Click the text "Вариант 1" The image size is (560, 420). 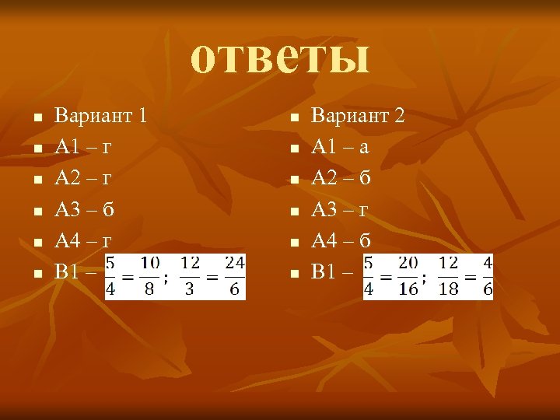pyautogui.click(x=100, y=116)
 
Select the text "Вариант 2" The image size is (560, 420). pyautogui.click(x=358, y=116)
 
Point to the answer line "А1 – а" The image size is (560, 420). pyautogui.click(x=340, y=146)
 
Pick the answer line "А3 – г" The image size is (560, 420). pyautogui.click(x=340, y=208)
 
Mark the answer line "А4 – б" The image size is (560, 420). pyautogui.click(x=341, y=240)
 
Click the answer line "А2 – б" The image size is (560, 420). pyautogui.click(x=341, y=177)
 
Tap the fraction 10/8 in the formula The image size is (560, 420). pyautogui.click(x=150, y=276)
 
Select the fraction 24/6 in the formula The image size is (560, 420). pyautogui.click(x=235, y=276)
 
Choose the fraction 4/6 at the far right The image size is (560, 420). pyautogui.click(x=487, y=276)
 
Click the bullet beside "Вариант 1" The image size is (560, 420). pyautogui.click(x=37, y=118)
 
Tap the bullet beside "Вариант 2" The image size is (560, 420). pyautogui.click(x=293, y=118)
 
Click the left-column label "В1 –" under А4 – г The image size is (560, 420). pyautogui.click(x=75, y=272)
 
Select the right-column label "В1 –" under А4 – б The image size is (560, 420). pyautogui.click(x=331, y=272)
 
